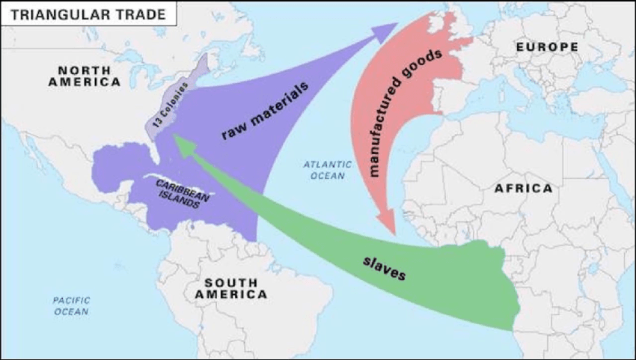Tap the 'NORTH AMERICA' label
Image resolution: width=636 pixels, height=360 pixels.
84,76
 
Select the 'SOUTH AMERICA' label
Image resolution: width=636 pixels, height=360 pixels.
230,288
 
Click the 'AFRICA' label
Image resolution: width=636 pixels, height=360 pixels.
523,189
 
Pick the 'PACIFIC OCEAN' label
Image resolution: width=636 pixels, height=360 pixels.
71,305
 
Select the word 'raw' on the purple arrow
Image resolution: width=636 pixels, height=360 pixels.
233,132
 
